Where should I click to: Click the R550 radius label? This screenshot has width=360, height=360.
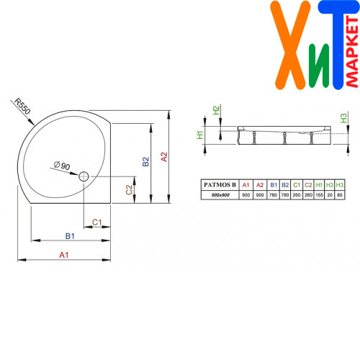pos(22,106)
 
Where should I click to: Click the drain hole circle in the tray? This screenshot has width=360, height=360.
pos(84,176)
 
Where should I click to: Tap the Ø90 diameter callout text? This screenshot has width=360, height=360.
pos(62,166)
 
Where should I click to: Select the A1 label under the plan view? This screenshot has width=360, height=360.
pos(64,255)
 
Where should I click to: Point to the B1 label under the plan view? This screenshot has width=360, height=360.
pos(70,236)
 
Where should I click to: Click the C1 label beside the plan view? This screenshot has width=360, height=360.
pos(97,222)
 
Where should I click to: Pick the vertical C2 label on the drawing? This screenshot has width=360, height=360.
pos(129,190)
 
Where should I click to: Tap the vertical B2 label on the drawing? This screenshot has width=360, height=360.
pos(145,161)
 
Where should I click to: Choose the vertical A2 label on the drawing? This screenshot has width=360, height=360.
pos(164,157)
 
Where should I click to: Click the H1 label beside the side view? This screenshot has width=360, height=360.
pos(200,135)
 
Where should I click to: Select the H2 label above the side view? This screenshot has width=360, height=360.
pos(216,110)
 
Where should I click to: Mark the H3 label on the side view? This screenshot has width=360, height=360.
pos(343,118)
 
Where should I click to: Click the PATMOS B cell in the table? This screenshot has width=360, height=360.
pos(220,185)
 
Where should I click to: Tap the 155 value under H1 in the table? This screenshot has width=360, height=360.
pos(320,195)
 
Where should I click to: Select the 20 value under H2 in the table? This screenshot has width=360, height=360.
pos(330,195)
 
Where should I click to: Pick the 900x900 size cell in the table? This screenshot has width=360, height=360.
pos(220,195)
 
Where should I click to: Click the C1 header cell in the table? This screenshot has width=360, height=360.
pos(297,185)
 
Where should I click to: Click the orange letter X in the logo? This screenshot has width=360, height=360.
pos(290,45)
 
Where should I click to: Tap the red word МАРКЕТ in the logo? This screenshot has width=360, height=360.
pos(352,51)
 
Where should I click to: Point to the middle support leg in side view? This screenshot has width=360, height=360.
pos(285,138)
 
